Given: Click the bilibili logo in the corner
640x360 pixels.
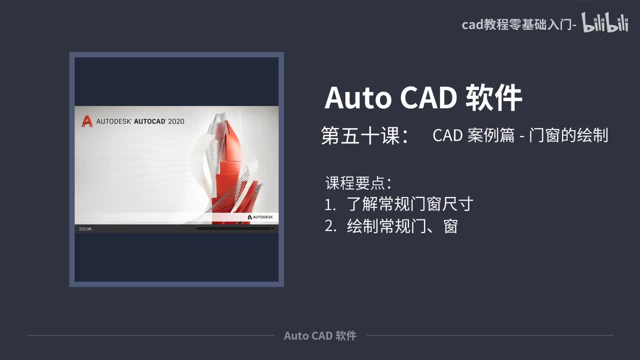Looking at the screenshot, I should pyautogui.click(x=604, y=23).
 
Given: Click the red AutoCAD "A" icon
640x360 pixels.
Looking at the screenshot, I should pyautogui.click(x=87, y=121).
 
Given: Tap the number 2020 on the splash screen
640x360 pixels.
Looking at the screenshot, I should pyautogui.click(x=176, y=121).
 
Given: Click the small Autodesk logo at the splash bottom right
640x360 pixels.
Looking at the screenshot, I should pyautogui.click(x=260, y=217).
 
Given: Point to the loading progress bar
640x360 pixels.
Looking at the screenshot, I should pyautogui.click(x=235, y=229).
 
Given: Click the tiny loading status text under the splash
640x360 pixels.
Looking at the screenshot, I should pyautogui.click(x=85, y=229).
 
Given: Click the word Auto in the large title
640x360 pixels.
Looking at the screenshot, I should pyautogui.click(x=358, y=97).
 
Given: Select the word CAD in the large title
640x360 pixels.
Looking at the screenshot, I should pyautogui.click(x=428, y=97).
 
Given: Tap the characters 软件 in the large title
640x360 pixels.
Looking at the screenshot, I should pyautogui.click(x=494, y=97).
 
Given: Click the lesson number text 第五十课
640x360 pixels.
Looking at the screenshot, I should pyautogui.click(x=360, y=135).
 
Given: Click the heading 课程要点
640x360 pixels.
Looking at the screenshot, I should pyautogui.click(x=355, y=183).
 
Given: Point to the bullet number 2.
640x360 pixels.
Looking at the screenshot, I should pyautogui.click(x=330, y=226).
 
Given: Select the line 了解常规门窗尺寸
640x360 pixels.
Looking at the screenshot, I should pyautogui.click(x=410, y=204).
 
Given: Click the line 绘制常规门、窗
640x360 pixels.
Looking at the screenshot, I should pyautogui.click(x=402, y=226).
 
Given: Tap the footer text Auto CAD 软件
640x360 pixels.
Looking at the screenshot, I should pyautogui.click(x=320, y=335).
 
